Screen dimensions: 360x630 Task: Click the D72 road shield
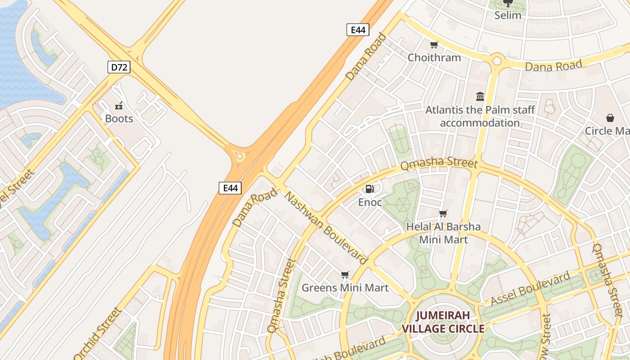click(x=119, y=67)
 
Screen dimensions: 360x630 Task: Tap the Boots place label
click(x=119, y=119)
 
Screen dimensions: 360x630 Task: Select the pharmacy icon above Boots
click(x=119, y=106)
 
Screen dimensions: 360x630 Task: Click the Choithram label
click(x=434, y=58)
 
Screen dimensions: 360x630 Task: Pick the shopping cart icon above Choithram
click(x=434, y=45)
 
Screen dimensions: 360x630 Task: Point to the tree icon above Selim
click(x=508, y=3)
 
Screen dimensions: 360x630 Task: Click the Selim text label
click(x=508, y=15)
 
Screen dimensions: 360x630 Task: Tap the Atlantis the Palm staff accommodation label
click(x=480, y=117)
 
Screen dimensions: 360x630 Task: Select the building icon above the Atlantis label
click(x=480, y=96)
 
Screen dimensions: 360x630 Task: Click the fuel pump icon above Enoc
click(x=369, y=189)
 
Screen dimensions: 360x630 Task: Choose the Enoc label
click(x=370, y=202)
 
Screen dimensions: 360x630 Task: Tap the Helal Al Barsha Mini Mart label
click(x=443, y=233)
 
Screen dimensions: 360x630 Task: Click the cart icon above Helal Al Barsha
click(x=443, y=213)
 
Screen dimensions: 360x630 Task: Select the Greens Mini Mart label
click(x=345, y=288)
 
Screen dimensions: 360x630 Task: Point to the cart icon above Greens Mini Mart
click(x=345, y=274)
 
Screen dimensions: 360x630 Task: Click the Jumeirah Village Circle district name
click(x=443, y=322)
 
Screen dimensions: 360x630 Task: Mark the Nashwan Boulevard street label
click(x=326, y=228)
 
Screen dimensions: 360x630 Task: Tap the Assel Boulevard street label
click(x=530, y=289)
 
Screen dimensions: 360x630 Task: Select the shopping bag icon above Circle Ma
click(x=610, y=118)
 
